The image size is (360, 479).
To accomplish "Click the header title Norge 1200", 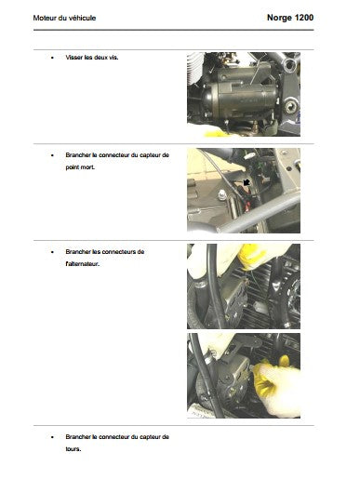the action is [x=290, y=18].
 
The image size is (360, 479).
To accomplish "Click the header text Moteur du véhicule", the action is [x=64, y=18].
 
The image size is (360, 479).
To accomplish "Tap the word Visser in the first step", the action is [x=74, y=58].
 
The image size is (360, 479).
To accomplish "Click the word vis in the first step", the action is [x=113, y=58].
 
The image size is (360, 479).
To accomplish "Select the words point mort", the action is [x=80, y=167].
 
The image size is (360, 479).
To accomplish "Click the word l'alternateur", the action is [x=83, y=264].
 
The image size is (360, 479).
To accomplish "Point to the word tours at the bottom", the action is [x=73, y=449].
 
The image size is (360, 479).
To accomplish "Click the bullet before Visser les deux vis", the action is [x=52, y=58].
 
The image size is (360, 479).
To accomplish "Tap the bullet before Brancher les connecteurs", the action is [x=52, y=252].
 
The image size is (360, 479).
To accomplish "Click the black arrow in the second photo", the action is [x=247, y=182].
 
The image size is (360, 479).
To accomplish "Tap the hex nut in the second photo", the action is [x=221, y=195].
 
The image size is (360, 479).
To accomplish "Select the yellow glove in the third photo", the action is [x=251, y=256].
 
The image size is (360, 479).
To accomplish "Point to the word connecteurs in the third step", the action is [x=119, y=252].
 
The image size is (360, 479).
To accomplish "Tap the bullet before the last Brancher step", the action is [x=52, y=437].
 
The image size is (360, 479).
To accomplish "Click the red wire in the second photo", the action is [x=245, y=205].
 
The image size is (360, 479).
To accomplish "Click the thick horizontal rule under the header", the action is [x=174, y=30].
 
